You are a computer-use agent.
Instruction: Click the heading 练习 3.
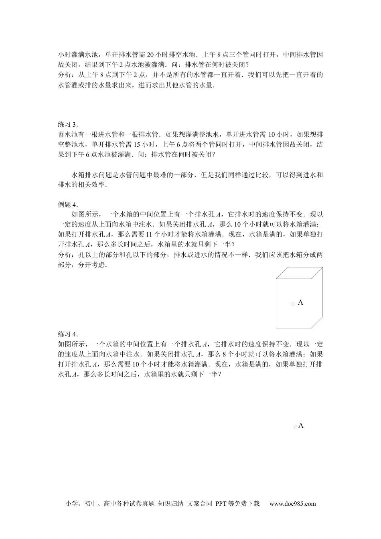68,124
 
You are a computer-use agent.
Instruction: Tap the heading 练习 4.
68,334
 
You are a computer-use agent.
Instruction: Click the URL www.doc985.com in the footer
292,504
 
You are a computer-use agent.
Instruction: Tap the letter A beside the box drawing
301,302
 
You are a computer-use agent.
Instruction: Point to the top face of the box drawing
299,272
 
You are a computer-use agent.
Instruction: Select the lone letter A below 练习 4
301,426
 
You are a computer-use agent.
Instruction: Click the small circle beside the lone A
296,428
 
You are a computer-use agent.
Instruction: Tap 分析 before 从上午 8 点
65,75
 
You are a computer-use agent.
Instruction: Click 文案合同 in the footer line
200,504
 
